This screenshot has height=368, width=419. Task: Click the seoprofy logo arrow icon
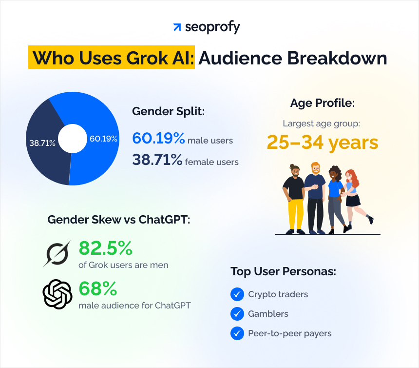(177, 27)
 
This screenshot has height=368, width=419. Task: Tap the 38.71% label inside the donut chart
(42, 143)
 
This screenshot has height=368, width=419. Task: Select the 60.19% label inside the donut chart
(103, 139)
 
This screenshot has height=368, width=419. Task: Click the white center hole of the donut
(72, 139)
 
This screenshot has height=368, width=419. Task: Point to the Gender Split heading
(168, 111)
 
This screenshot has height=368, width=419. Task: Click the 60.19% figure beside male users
(158, 139)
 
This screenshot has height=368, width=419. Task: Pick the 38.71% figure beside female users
(157, 160)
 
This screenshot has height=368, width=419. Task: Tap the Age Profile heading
(322, 103)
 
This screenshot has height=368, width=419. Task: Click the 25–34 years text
(322, 143)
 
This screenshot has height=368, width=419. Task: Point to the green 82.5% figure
(105, 248)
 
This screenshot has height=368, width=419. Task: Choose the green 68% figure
(97, 289)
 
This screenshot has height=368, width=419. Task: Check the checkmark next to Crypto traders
(237, 294)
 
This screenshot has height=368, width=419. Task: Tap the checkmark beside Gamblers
(237, 314)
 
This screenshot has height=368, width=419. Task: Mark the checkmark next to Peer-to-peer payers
(237, 333)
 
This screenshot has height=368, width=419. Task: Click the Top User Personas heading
(283, 271)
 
